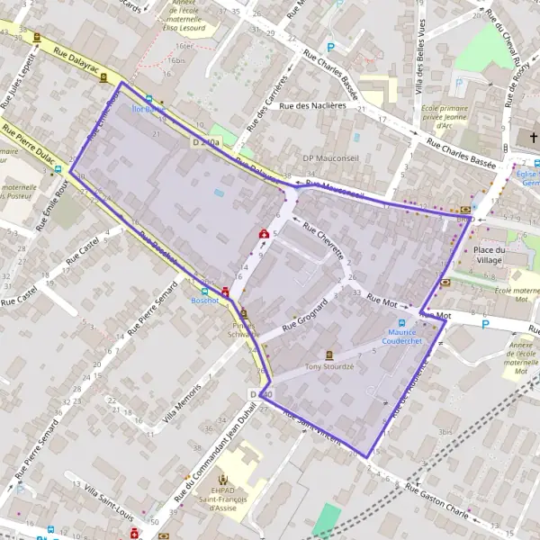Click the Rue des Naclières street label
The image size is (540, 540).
(312, 105)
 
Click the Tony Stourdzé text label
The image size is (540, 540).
(328, 366)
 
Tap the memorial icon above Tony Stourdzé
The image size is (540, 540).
(328, 355)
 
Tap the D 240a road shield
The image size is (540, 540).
(205, 142)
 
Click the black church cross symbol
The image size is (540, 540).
(533, 138)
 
